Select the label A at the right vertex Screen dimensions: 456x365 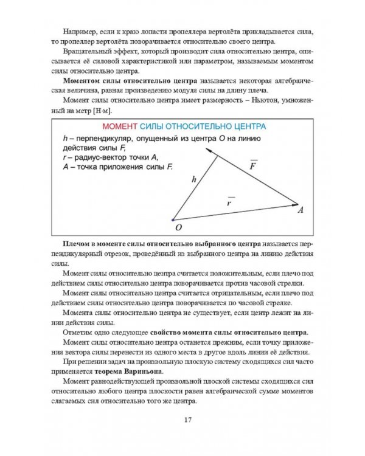(x=301, y=210)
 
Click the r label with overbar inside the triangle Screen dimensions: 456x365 (x=230, y=202)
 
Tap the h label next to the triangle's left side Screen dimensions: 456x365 (x=193, y=179)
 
